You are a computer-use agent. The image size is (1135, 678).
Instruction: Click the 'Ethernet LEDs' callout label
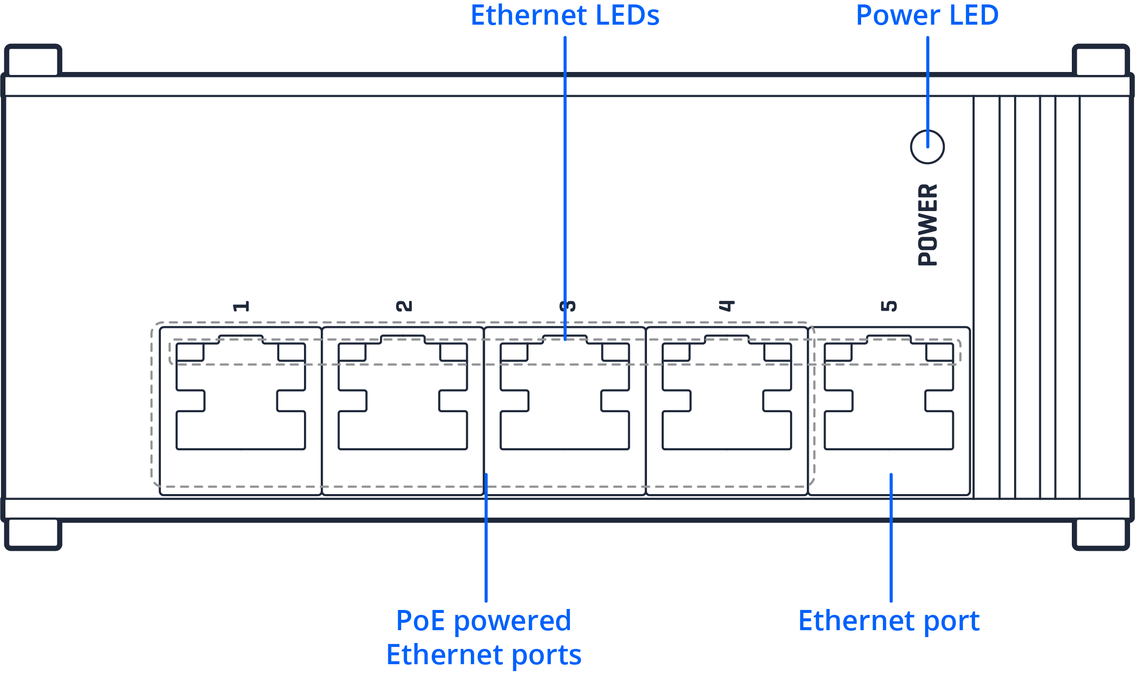[x=565, y=16]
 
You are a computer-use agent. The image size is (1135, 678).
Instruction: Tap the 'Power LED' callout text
[x=927, y=16]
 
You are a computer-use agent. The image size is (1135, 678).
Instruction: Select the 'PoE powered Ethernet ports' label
[x=484, y=637]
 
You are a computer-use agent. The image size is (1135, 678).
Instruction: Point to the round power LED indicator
[x=927, y=147]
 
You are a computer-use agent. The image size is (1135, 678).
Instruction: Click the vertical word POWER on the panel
[x=928, y=225]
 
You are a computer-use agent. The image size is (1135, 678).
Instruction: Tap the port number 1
[x=241, y=306]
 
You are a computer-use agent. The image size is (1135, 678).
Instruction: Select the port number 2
[x=404, y=306]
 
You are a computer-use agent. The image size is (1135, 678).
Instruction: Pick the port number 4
[x=727, y=306]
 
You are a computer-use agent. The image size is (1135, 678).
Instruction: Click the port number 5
[x=889, y=306]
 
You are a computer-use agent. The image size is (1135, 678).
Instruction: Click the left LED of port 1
[x=190, y=352]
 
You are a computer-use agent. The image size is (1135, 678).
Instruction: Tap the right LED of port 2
[x=454, y=352]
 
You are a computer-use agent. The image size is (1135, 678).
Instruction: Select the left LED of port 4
[x=676, y=352]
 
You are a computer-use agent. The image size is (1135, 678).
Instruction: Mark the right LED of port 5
[x=940, y=352]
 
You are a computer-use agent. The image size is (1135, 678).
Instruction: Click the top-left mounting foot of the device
[x=33, y=59]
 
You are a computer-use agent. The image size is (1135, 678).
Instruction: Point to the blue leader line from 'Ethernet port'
[x=891, y=537]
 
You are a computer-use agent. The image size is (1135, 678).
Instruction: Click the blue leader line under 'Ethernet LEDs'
[x=565, y=187]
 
